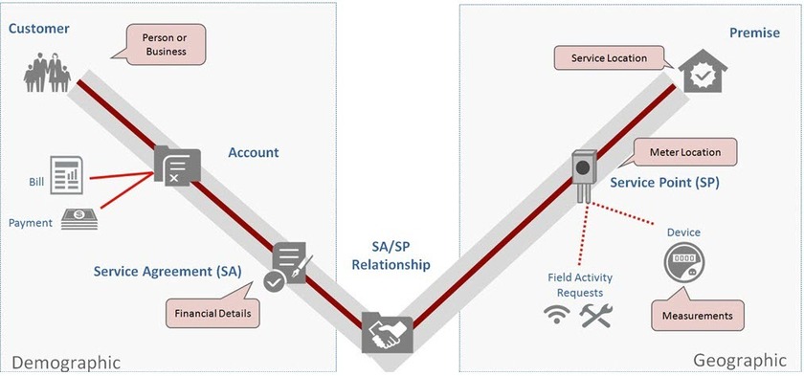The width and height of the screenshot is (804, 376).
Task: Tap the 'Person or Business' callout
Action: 165,44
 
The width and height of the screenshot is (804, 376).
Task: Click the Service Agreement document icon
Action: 289,266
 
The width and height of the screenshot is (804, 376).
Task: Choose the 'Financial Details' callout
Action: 212,312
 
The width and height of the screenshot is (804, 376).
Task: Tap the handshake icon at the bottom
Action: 387,335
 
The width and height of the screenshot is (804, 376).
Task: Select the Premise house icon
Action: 703,71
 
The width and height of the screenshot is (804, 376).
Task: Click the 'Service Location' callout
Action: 610,58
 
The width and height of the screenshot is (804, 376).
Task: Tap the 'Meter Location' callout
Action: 685,152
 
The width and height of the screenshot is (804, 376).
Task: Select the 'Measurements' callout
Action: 698,314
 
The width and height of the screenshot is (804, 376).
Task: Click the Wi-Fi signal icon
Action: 556,314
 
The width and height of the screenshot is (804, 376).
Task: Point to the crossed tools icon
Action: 595,314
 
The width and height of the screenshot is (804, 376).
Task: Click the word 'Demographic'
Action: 66,362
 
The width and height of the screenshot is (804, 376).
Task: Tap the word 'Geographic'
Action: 739,360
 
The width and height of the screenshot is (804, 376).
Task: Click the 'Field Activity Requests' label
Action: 580,284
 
